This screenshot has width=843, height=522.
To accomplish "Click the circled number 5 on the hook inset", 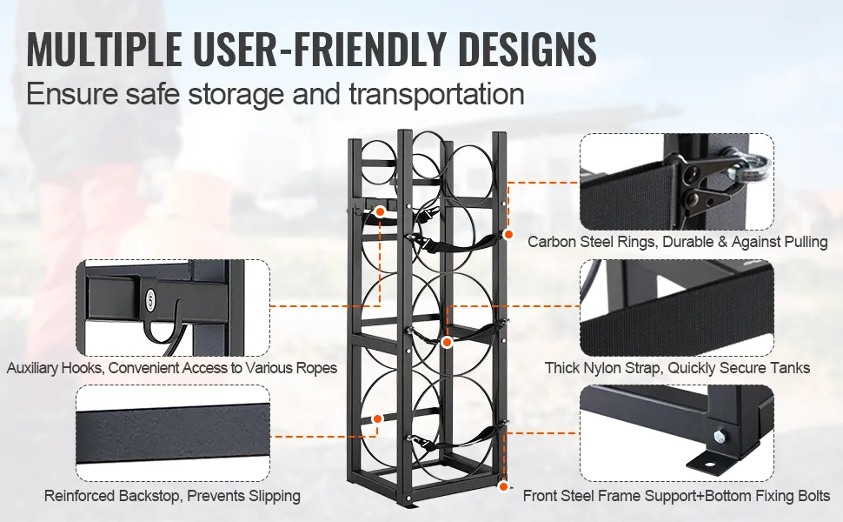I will click(150, 301).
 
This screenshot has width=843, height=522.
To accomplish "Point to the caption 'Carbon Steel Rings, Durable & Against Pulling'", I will click(677, 242).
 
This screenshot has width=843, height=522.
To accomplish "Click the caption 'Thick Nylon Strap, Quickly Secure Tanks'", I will click(677, 368).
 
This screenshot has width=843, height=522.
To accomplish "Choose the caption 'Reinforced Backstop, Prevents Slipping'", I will click(172, 496).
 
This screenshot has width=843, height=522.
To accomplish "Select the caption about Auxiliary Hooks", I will click(171, 368).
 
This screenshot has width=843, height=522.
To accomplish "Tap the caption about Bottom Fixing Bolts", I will click(676, 496).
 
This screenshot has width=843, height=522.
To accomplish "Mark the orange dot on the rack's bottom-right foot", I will click(504, 487).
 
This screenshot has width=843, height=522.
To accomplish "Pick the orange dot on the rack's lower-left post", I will click(378, 419).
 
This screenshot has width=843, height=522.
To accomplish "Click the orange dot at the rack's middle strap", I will click(447, 342).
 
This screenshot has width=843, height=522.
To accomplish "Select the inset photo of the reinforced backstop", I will click(172, 432).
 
